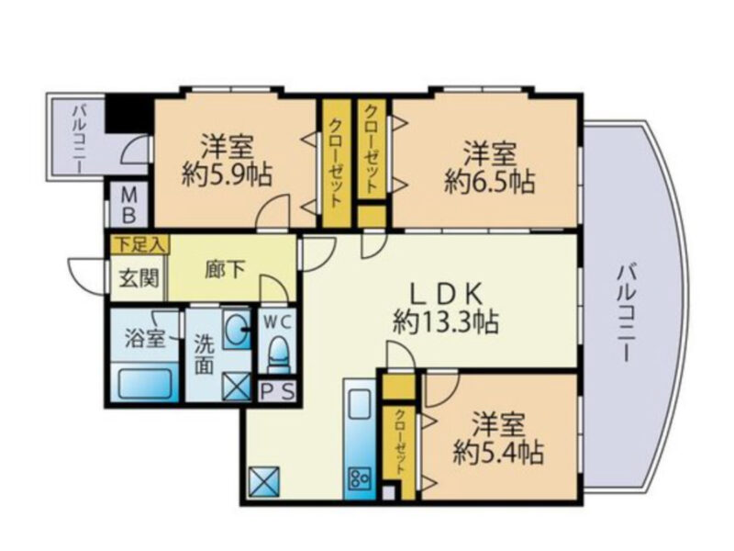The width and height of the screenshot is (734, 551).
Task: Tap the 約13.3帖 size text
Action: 444,322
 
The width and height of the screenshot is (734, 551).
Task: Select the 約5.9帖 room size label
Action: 227,175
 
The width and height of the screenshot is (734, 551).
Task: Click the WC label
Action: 276,321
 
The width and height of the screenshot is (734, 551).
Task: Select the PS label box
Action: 277,392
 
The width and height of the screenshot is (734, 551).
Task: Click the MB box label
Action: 129,205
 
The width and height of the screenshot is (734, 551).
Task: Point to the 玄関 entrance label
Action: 130,279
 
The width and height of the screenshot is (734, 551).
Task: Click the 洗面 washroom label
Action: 205,352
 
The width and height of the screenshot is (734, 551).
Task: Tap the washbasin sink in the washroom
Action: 238,329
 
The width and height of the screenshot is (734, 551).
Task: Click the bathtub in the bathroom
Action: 145,383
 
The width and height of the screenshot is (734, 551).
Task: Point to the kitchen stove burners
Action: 357,478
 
